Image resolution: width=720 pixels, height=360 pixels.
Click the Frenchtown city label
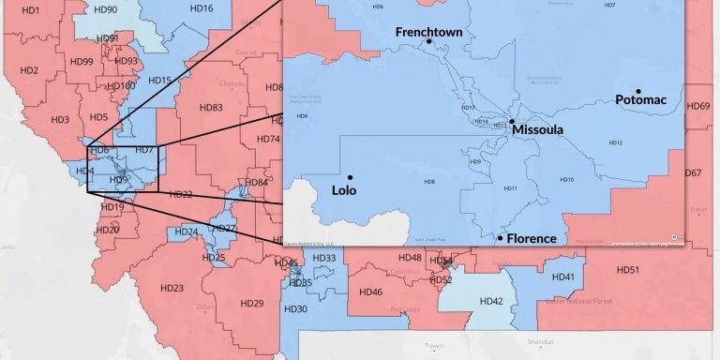coord(428,32)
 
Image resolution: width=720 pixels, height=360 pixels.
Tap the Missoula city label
coord(537,130)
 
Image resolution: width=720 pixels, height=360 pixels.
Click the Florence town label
coord(532,239)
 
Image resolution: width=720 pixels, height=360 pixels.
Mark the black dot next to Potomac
coord(637,90)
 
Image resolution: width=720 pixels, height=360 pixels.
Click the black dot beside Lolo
coord(350,176)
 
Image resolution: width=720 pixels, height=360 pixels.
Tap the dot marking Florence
coord(500,238)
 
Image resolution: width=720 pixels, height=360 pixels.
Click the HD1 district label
coord(30,10)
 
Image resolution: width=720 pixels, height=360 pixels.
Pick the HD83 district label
coord(211,108)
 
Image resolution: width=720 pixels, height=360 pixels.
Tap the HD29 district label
coord(251,303)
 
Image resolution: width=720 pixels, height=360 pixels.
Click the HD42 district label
coord(491,301)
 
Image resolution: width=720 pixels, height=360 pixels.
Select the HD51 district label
coord(627,270)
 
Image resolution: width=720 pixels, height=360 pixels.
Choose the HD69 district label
coord(697,106)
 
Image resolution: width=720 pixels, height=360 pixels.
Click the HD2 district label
coord(28,71)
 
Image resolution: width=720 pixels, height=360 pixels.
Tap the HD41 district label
coord(562,277)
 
